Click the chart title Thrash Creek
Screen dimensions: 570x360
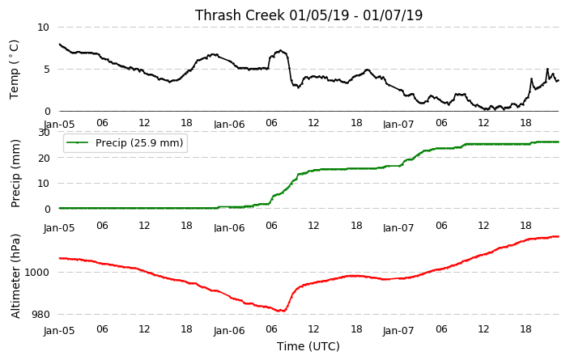tap(240, 15)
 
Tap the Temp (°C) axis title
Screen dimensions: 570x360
tap(14, 70)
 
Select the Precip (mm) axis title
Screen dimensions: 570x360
tap(15, 174)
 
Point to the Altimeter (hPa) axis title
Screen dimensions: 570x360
tap(15, 276)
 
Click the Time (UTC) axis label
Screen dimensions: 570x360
tap(308, 346)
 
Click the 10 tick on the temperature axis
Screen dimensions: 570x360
tap(43, 28)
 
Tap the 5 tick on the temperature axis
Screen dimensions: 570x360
tap(46, 70)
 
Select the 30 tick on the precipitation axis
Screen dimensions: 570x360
tap(44, 132)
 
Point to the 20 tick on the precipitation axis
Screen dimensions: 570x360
tap(44, 158)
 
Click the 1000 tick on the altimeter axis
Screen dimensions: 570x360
tap(37, 272)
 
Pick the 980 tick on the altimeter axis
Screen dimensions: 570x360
tap(40, 314)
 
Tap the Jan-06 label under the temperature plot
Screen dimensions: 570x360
tap(229, 125)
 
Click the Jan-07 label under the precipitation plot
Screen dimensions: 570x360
tap(398, 228)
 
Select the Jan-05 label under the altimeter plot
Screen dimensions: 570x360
tap(59, 331)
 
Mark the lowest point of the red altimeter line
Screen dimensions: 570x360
tap(279, 311)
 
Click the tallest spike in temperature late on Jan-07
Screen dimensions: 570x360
tap(547, 69)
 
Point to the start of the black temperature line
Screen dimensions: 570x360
tap(60, 44)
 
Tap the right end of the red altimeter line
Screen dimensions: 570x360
tap(558, 236)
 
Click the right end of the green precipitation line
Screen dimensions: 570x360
tap(558, 142)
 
